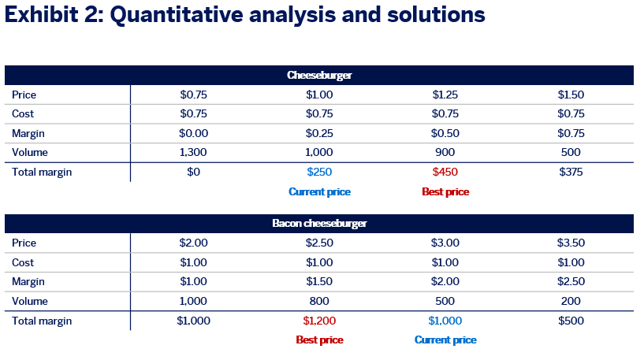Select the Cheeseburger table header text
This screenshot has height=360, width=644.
click(319, 75)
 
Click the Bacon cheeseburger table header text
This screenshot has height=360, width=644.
click(319, 223)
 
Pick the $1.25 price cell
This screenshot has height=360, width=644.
click(445, 95)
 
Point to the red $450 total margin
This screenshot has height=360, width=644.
click(445, 172)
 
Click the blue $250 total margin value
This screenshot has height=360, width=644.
click(319, 172)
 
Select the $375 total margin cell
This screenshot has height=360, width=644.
click(571, 172)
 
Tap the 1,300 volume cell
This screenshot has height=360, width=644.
click(193, 152)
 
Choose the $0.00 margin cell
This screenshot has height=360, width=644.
click(193, 133)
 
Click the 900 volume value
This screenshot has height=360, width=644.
click(445, 152)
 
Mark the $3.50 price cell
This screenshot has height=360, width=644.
click(571, 243)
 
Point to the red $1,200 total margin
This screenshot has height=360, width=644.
click(319, 321)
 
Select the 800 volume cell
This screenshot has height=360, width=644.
click(319, 301)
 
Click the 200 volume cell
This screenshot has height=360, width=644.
click(571, 301)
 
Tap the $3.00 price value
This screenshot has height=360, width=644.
click(445, 243)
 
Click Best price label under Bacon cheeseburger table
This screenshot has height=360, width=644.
click(319, 340)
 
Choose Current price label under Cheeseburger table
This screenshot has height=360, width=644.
click(319, 191)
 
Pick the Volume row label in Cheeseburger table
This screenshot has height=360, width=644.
click(30, 152)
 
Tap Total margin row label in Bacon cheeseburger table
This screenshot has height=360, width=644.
click(42, 321)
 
